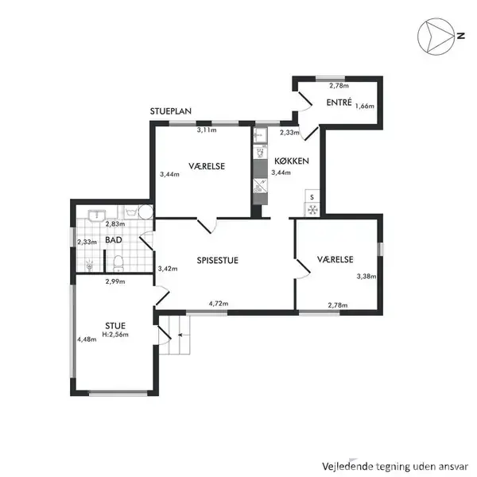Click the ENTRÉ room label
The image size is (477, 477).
point(339,103)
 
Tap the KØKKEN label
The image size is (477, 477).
point(292,161)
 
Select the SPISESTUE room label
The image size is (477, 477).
point(218,261)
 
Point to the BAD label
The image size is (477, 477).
point(114,240)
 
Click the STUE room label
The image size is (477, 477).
point(115,326)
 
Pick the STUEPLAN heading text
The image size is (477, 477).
point(171,111)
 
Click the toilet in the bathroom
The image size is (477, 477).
point(118,263)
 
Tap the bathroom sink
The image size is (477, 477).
point(97,215)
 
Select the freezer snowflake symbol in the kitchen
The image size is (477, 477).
point(312,210)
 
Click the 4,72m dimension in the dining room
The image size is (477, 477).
point(219,304)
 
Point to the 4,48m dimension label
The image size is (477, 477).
point(87,339)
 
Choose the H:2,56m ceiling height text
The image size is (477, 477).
point(115,335)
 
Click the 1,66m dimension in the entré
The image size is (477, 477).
point(365,106)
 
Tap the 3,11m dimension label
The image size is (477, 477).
point(207,130)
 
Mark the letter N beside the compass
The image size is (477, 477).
point(461,36)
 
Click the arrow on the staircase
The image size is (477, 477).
point(180,335)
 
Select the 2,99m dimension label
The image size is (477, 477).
point(115,281)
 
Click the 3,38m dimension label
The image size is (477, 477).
point(366,276)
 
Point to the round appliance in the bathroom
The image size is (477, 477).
point(145,211)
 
